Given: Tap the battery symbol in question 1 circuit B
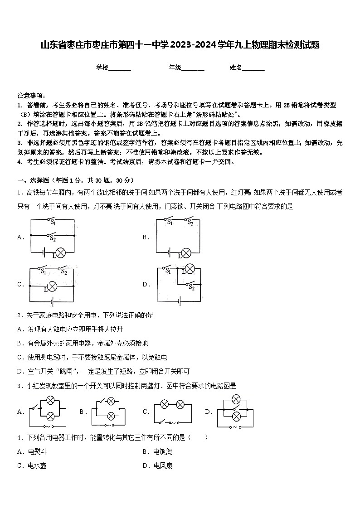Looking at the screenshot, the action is [170, 253].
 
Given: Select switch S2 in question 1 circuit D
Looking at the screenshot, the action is [190, 285].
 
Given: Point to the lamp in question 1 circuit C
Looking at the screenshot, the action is [52, 286].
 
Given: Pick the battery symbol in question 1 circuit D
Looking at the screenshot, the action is [180, 301].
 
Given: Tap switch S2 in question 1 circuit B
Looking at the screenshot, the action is [190, 222].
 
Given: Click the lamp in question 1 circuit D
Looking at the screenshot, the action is [190, 269].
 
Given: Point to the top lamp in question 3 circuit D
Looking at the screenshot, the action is [235, 399].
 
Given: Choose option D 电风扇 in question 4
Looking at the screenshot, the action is [163, 465].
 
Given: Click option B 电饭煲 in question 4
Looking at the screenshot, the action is [163, 451].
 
